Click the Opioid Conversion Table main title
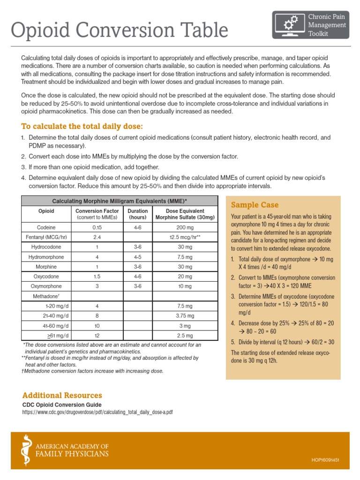point(120,30)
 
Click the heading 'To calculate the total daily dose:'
point(82,127)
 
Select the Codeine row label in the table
point(46,227)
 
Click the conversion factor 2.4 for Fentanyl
point(97,237)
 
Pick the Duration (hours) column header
point(137,214)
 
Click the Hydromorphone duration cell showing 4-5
point(137,257)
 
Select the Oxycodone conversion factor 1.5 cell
point(97,277)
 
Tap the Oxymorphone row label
point(46,286)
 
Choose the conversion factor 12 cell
point(97,336)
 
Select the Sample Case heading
point(255,205)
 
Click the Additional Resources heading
point(62,395)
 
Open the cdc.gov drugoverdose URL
point(97,412)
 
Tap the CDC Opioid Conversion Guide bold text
point(62,405)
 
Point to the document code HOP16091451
point(325,460)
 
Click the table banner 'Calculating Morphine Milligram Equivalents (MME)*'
point(120,201)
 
